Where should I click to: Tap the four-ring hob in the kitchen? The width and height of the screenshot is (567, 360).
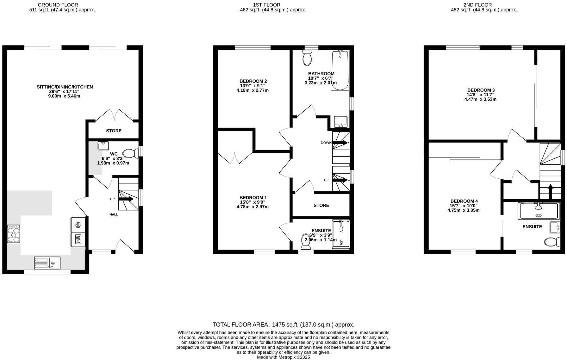point(14,234)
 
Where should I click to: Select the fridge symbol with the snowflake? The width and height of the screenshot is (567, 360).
point(78,225)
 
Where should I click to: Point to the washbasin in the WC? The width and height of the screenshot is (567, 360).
point(103,146)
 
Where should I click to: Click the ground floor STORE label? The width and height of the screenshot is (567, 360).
point(114,131)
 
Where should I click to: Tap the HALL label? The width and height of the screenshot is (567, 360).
point(114,214)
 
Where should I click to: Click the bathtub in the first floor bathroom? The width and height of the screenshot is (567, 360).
point(340,70)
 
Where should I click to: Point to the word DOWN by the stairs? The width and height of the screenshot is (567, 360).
point(326,143)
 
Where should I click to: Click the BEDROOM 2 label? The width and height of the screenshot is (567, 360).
point(253,81)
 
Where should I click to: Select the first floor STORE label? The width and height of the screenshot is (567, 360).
point(321,205)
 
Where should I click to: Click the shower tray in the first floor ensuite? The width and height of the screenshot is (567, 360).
point(341,234)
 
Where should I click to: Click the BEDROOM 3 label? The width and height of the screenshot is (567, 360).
point(481,90)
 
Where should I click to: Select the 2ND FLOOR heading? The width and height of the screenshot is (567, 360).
point(482,5)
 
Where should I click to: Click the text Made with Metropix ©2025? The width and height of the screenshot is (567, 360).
point(283,357)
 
